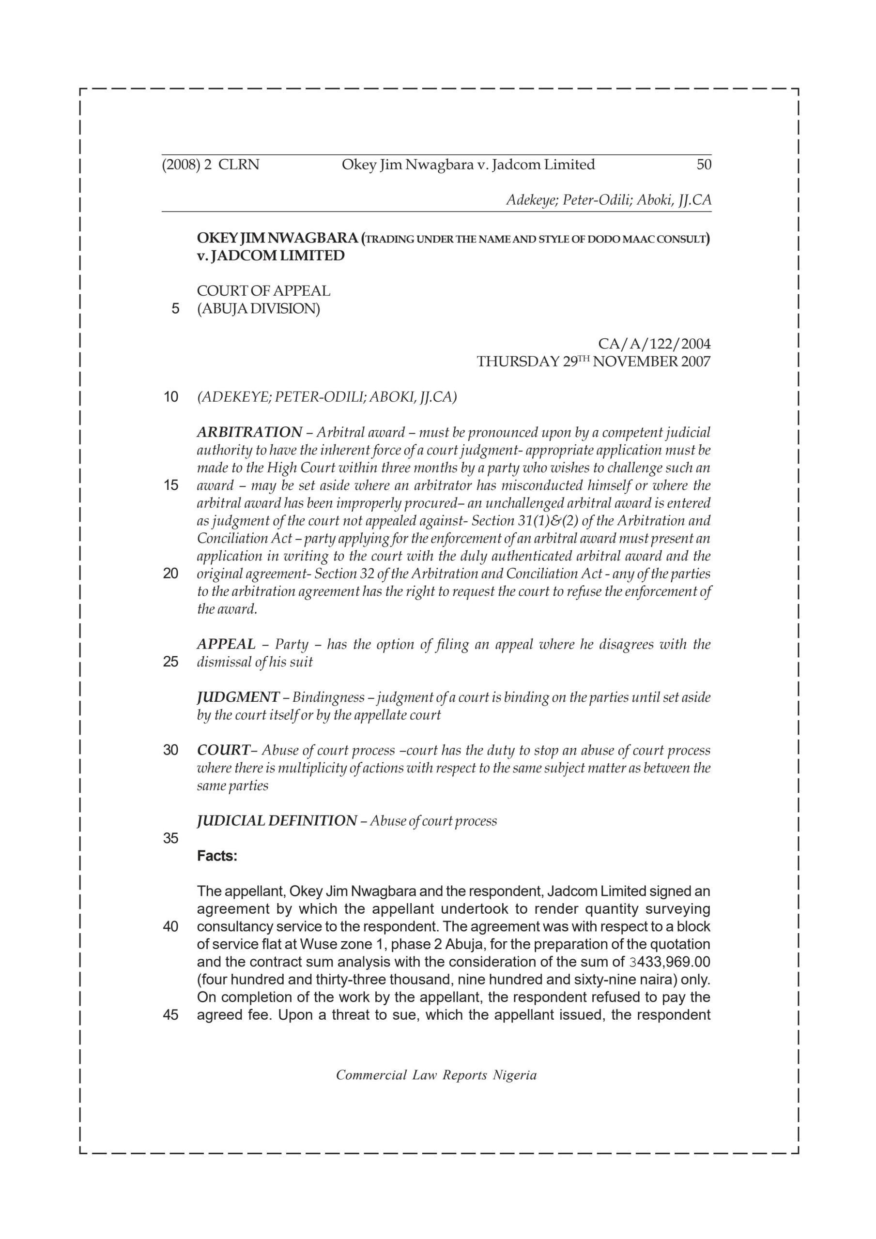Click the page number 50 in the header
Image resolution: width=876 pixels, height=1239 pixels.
pos(703,165)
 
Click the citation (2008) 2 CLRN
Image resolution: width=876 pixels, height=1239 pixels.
pos(211,165)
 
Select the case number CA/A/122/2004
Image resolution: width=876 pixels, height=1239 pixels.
pos(654,344)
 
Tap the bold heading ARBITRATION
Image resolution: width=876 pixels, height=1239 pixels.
pos(249,432)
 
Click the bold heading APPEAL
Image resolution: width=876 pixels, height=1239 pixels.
pos(226,644)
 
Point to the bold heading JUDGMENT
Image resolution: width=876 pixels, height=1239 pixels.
pos(238,697)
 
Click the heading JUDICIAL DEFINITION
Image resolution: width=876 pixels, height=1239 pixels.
pos(277,821)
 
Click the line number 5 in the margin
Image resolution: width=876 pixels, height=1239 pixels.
pos(175,309)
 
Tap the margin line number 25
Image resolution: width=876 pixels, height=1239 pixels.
pos(170,662)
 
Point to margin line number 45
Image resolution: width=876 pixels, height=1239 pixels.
pos(170,1015)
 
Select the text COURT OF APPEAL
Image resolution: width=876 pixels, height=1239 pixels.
pos(263,291)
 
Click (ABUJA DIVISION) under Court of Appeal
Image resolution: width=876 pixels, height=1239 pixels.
pos(258,309)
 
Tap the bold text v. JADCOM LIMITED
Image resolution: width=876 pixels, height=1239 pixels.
pos(271,256)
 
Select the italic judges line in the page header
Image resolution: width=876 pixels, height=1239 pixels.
pos(608,200)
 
